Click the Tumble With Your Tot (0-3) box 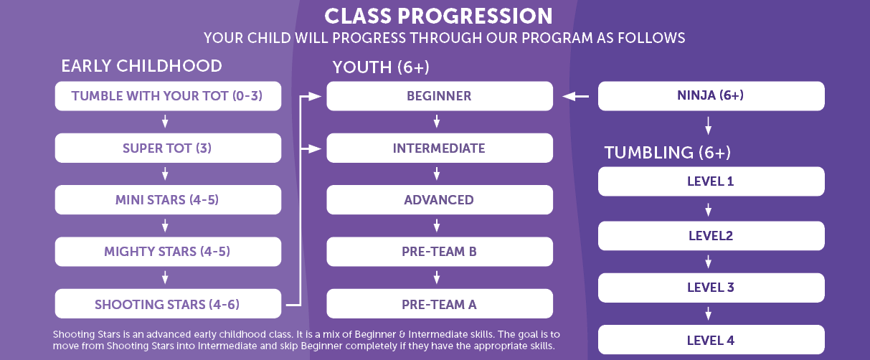click(x=167, y=96)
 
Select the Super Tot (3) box click(x=167, y=148)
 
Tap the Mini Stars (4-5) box click(x=167, y=200)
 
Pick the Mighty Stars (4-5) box click(x=167, y=252)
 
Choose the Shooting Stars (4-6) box click(x=167, y=304)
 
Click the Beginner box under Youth click(x=439, y=96)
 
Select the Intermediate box click(x=439, y=148)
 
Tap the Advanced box click(x=439, y=200)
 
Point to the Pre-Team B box click(x=439, y=252)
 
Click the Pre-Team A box click(x=439, y=304)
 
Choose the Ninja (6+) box click(x=711, y=96)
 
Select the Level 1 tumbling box click(x=711, y=181)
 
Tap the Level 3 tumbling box click(x=711, y=288)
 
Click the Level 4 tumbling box click(x=711, y=340)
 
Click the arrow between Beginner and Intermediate click(x=437, y=122)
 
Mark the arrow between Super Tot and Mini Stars click(x=165, y=174)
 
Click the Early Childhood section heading click(x=141, y=66)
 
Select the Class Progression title click(x=438, y=16)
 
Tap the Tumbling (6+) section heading click(x=667, y=152)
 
